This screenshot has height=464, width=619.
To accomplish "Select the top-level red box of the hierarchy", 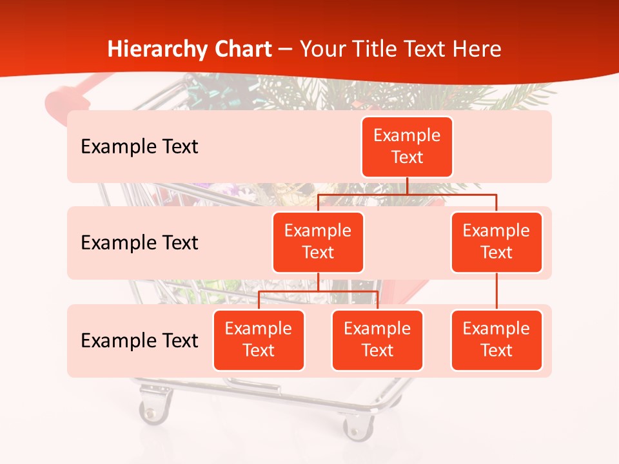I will click(x=407, y=146).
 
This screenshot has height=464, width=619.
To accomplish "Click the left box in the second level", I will click(x=318, y=242).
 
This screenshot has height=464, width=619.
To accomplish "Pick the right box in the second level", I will click(x=496, y=242).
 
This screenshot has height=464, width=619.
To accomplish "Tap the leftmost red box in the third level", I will click(x=259, y=340).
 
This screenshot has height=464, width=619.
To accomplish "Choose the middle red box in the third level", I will click(x=377, y=340).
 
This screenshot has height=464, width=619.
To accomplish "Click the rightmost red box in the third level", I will click(x=496, y=340).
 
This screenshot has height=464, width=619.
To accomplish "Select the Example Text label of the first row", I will click(x=139, y=147).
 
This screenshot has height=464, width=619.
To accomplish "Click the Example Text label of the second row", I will click(x=139, y=243).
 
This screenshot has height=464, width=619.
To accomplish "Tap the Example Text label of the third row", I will click(x=139, y=340).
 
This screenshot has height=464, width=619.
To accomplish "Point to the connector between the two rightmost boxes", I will click(x=496, y=291).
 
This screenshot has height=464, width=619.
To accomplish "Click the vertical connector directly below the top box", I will click(x=407, y=186).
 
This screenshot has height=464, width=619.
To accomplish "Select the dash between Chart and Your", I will click(x=286, y=49).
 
